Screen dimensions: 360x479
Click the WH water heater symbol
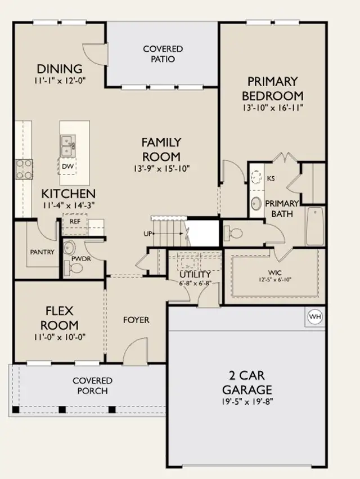(x=315, y=316)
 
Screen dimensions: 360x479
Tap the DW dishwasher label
(x=67, y=167)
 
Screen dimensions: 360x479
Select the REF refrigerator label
(x=75, y=221)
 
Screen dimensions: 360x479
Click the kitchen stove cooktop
(x=24, y=169)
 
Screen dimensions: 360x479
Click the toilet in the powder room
(x=74, y=268)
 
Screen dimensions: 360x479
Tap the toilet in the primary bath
(x=233, y=234)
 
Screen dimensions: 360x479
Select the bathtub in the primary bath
(x=315, y=226)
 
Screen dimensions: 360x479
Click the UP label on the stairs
(x=148, y=234)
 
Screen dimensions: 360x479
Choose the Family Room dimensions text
(x=162, y=168)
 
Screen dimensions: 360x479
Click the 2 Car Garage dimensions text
(x=247, y=401)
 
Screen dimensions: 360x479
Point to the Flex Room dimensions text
(x=60, y=337)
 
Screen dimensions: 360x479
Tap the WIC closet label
(x=275, y=272)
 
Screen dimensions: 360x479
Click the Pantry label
(x=42, y=252)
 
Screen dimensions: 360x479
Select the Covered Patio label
(x=163, y=54)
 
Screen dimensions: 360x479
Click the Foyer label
(x=136, y=320)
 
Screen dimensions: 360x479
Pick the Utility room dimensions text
(x=195, y=283)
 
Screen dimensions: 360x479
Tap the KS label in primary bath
(x=271, y=178)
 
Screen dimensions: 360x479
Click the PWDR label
(x=81, y=259)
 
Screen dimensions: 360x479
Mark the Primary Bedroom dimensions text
(x=273, y=108)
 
